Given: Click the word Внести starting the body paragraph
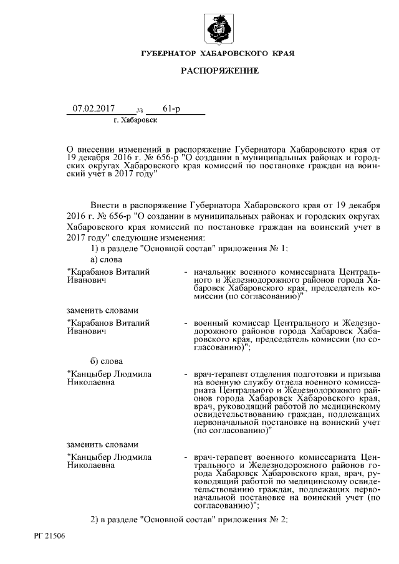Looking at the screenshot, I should point(105,205).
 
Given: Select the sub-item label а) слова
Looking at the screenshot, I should point(107,259).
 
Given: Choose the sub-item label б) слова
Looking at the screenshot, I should point(107,361).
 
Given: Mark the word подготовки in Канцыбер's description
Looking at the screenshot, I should point(320,374).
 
